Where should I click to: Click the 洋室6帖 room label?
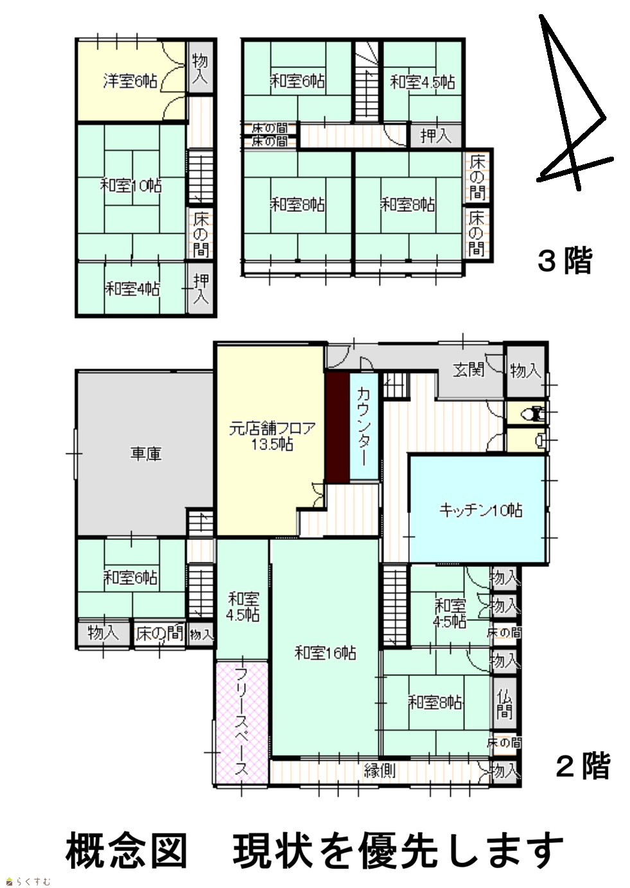[130, 82]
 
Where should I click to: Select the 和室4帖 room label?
[132, 289]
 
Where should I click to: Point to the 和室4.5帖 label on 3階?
[422, 82]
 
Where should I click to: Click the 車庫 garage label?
[146, 454]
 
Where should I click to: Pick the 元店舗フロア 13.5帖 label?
[272, 436]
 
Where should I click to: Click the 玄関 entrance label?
[468, 370]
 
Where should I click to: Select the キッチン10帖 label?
[480, 510]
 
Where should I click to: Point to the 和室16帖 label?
[325, 652]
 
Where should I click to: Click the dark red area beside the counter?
[337, 427]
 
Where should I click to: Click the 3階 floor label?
[564, 261]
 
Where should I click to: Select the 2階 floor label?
[582, 765]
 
